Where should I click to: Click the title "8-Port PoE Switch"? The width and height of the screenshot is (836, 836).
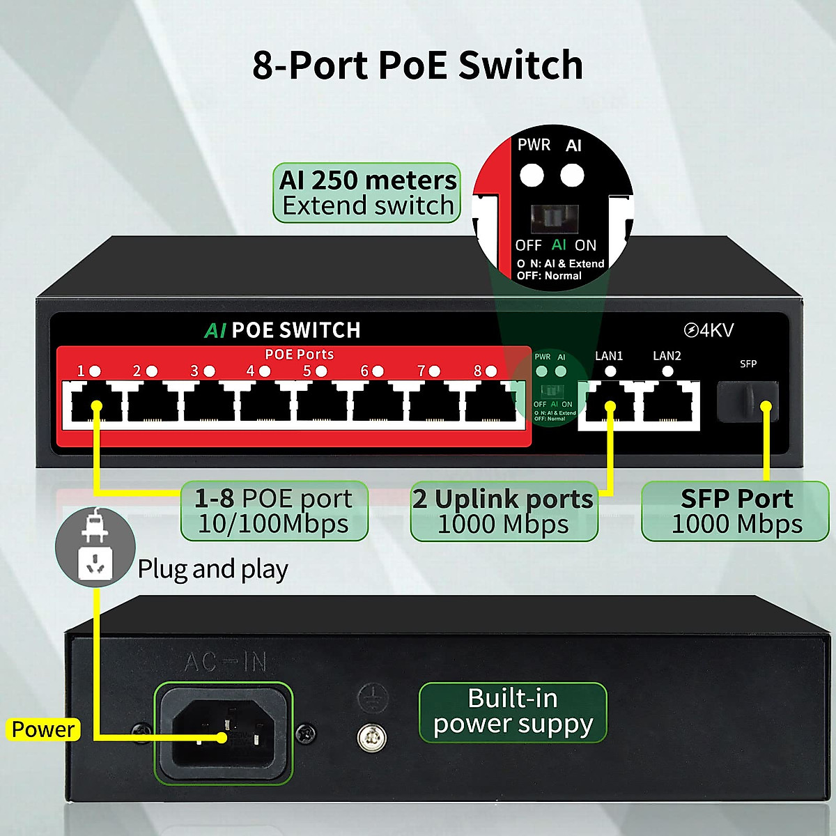(417, 65)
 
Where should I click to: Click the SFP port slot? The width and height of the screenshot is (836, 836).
(747, 401)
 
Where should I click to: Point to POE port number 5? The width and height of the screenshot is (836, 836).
(322, 403)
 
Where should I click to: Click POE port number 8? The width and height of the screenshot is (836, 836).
(491, 403)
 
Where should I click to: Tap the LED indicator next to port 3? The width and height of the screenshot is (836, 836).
(209, 371)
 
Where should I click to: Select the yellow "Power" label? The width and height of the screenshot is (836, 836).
(43, 729)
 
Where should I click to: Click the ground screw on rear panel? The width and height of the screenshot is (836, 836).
(371, 738)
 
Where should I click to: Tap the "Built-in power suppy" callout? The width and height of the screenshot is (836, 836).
(513, 712)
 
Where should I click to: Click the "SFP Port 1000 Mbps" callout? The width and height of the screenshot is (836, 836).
(736, 511)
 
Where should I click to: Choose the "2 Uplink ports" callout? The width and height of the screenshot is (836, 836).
(504, 511)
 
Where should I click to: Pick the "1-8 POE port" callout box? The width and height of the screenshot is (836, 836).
(274, 511)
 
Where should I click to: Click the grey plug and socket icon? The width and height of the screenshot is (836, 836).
(95, 546)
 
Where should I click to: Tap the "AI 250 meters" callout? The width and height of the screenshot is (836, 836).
(367, 193)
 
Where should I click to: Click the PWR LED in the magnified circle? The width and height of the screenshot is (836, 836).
(532, 175)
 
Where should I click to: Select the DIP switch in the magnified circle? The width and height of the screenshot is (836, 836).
(555, 219)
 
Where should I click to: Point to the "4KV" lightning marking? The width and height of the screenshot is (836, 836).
(709, 330)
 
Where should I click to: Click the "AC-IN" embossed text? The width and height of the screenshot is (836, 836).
(225, 662)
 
